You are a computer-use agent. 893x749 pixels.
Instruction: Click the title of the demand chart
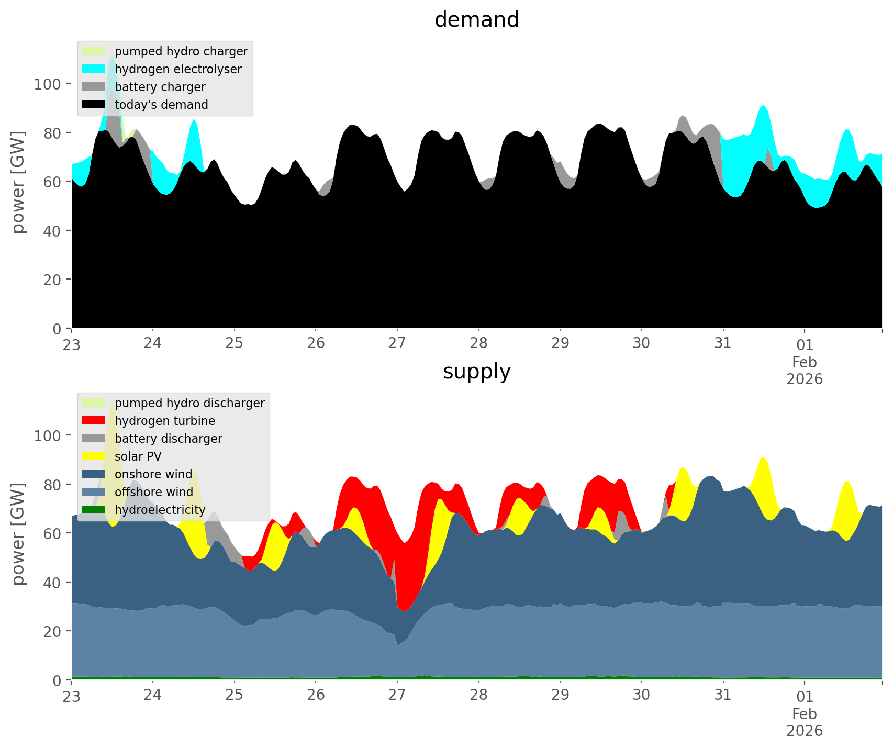point(476,20)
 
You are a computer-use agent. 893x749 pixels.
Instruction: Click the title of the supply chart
point(476,372)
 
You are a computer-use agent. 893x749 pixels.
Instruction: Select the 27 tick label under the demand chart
point(397,343)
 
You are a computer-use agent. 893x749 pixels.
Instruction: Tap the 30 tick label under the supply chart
point(641,695)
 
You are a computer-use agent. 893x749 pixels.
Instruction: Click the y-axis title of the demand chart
point(18,182)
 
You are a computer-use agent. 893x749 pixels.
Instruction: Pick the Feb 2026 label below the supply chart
point(805,722)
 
